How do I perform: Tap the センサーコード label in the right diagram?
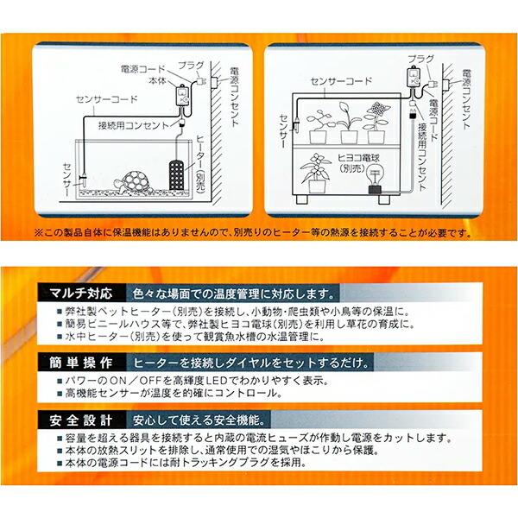pos(337,81)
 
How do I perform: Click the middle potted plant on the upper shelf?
pos(348,125)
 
